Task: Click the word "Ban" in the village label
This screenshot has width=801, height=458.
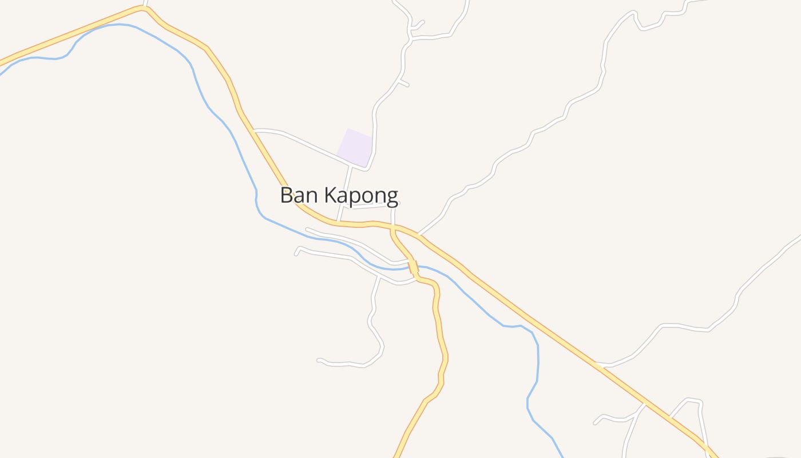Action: pos(299,195)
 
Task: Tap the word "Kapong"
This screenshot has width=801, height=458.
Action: pos(361,196)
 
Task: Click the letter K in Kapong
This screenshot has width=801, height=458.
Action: pos(330,195)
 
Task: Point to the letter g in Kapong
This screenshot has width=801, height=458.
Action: pos(392,198)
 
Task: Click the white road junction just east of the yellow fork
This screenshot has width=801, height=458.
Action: pos(419,234)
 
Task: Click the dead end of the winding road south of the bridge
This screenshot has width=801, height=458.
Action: pos(318,360)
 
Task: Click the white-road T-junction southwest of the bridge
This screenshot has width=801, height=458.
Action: pos(379,275)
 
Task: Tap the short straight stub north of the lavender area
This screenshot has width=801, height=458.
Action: pos(404,84)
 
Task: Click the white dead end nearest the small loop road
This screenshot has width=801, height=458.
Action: pos(595,424)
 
